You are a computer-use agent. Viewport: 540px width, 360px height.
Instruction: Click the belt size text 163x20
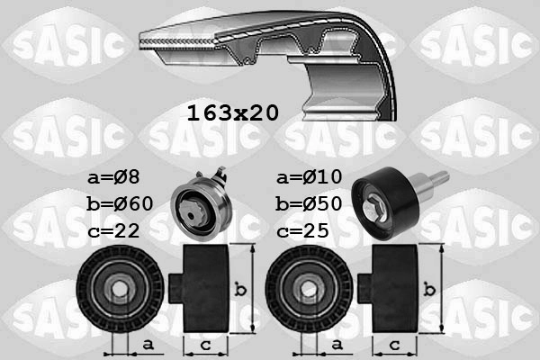coord(232,113)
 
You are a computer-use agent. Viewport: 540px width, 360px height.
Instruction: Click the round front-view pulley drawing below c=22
coord(120,288)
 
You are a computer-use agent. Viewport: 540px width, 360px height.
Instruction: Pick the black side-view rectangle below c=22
coord(206,287)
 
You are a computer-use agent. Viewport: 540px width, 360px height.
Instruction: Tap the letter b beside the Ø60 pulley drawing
coord(238,289)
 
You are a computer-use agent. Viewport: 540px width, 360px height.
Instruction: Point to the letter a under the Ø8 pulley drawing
coord(147,346)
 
